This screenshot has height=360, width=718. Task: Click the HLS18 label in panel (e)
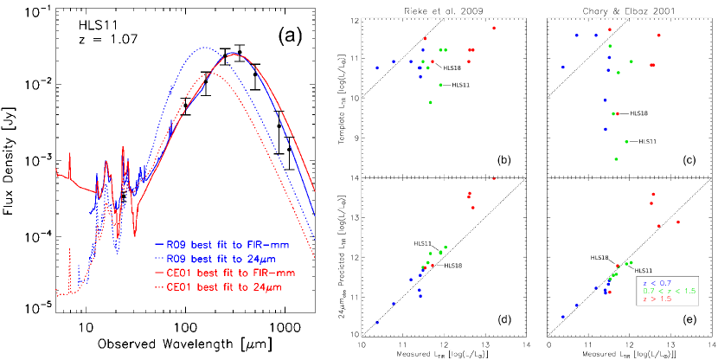point(599,257)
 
